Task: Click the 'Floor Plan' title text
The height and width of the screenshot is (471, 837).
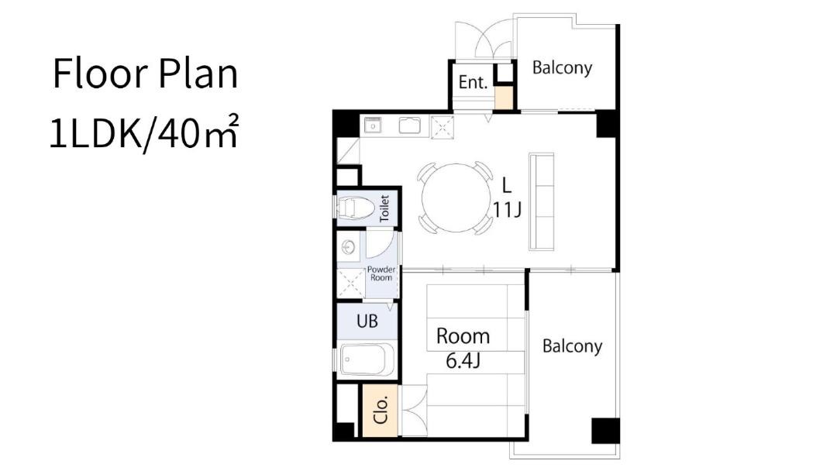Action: point(145,74)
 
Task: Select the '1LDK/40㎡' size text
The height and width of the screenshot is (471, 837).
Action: point(143,133)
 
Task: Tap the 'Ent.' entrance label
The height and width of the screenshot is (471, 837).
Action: point(473,82)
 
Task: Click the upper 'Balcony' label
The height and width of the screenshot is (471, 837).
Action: point(562,67)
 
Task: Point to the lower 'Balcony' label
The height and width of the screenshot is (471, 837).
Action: point(572,346)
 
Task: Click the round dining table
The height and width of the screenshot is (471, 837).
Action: point(456,198)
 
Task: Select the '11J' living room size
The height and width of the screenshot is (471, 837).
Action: point(507,210)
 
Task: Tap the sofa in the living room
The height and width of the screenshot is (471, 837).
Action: point(541,201)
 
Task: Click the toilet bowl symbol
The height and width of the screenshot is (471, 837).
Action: point(356,208)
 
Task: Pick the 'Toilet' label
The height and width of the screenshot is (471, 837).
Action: point(384,208)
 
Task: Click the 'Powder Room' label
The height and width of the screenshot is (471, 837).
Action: point(381,273)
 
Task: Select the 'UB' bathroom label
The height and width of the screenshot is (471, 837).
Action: point(367,321)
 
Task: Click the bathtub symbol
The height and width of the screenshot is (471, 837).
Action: point(367,359)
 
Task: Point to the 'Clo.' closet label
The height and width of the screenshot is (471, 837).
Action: point(381,411)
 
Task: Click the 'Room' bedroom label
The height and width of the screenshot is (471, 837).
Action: point(463,336)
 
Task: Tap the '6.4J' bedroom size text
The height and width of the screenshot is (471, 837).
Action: point(463,361)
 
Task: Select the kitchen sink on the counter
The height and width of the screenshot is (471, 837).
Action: point(410,126)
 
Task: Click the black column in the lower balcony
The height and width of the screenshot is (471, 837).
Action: point(605,431)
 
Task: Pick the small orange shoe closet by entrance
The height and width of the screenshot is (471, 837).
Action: point(504,98)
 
